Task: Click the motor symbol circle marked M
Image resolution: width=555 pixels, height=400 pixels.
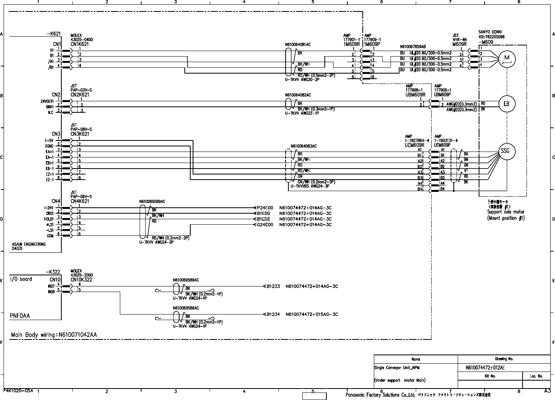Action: pyautogui.click(x=507, y=59)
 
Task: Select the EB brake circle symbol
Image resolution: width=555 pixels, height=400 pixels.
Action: pyautogui.click(x=507, y=104)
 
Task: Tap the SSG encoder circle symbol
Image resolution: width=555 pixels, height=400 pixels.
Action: pyautogui.click(x=507, y=152)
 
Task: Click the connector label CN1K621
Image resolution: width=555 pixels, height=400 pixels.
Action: pyautogui.click(x=80, y=44)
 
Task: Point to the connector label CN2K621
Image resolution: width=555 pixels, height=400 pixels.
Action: pyautogui.click(x=80, y=95)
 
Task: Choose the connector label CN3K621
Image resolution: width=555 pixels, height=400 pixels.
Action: pyautogui.click(x=80, y=134)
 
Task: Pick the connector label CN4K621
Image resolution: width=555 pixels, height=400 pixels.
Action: pyautogui.click(x=80, y=201)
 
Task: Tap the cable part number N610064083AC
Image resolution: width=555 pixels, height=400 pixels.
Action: pyautogui.click(x=303, y=146)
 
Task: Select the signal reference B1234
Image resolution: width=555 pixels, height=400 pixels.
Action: pyautogui.click(x=273, y=315)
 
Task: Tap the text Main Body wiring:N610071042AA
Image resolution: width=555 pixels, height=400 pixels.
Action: pyautogui.click(x=54, y=335)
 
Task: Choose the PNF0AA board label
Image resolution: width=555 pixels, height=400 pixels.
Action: pyautogui.click(x=20, y=316)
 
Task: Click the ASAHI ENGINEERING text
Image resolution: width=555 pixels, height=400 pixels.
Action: pyautogui.click(x=28, y=245)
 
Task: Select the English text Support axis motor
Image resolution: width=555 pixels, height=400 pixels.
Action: pyautogui.click(x=506, y=212)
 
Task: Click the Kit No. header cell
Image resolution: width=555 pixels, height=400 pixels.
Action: pyautogui.click(x=490, y=376)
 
